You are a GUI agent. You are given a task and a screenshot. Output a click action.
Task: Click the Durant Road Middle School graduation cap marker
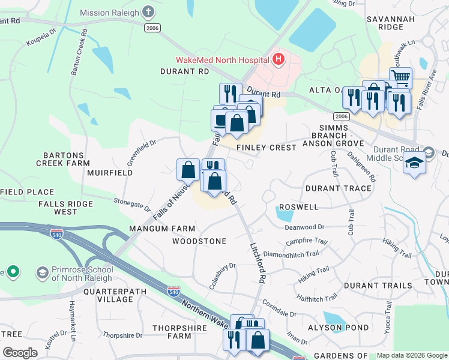click(414, 163)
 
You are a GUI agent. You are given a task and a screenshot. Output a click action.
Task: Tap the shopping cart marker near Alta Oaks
click(400, 77)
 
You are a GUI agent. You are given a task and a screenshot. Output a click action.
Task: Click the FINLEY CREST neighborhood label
click(267, 148)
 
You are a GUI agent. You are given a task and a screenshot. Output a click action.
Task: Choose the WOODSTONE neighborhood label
click(199, 241)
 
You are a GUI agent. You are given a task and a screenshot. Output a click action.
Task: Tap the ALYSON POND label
click(330, 328)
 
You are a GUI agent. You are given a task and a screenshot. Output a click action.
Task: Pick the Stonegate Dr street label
click(131, 204)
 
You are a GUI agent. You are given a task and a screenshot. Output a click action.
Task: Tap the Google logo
click(20, 353)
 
